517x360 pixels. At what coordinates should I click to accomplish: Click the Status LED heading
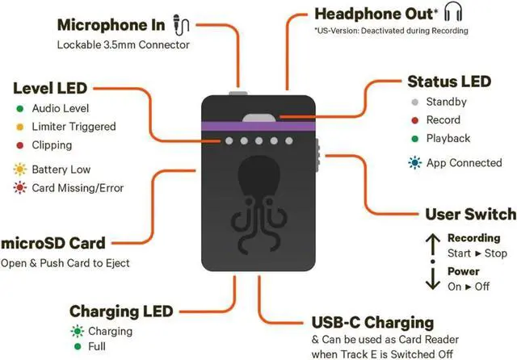click(448, 82)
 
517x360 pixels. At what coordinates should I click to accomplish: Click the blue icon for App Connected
click(414, 162)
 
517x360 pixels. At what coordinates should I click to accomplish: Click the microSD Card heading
click(57, 242)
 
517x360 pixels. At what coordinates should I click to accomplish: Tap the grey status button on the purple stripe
click(258, 118)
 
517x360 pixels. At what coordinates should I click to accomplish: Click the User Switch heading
click(470, 214)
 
